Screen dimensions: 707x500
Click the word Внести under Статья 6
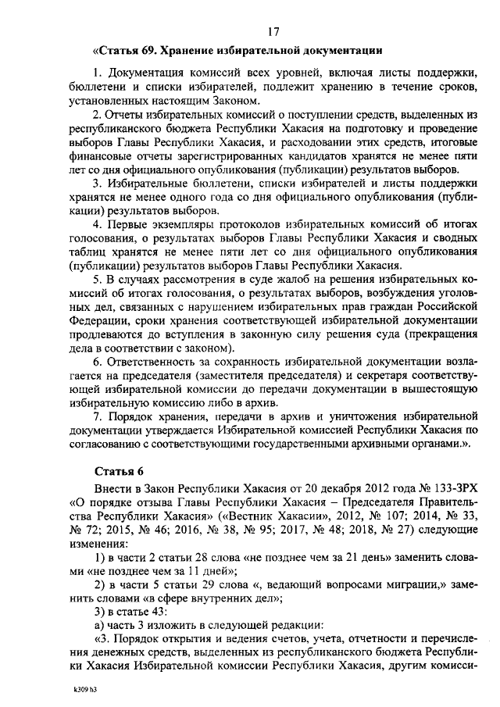tap(114, 488)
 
